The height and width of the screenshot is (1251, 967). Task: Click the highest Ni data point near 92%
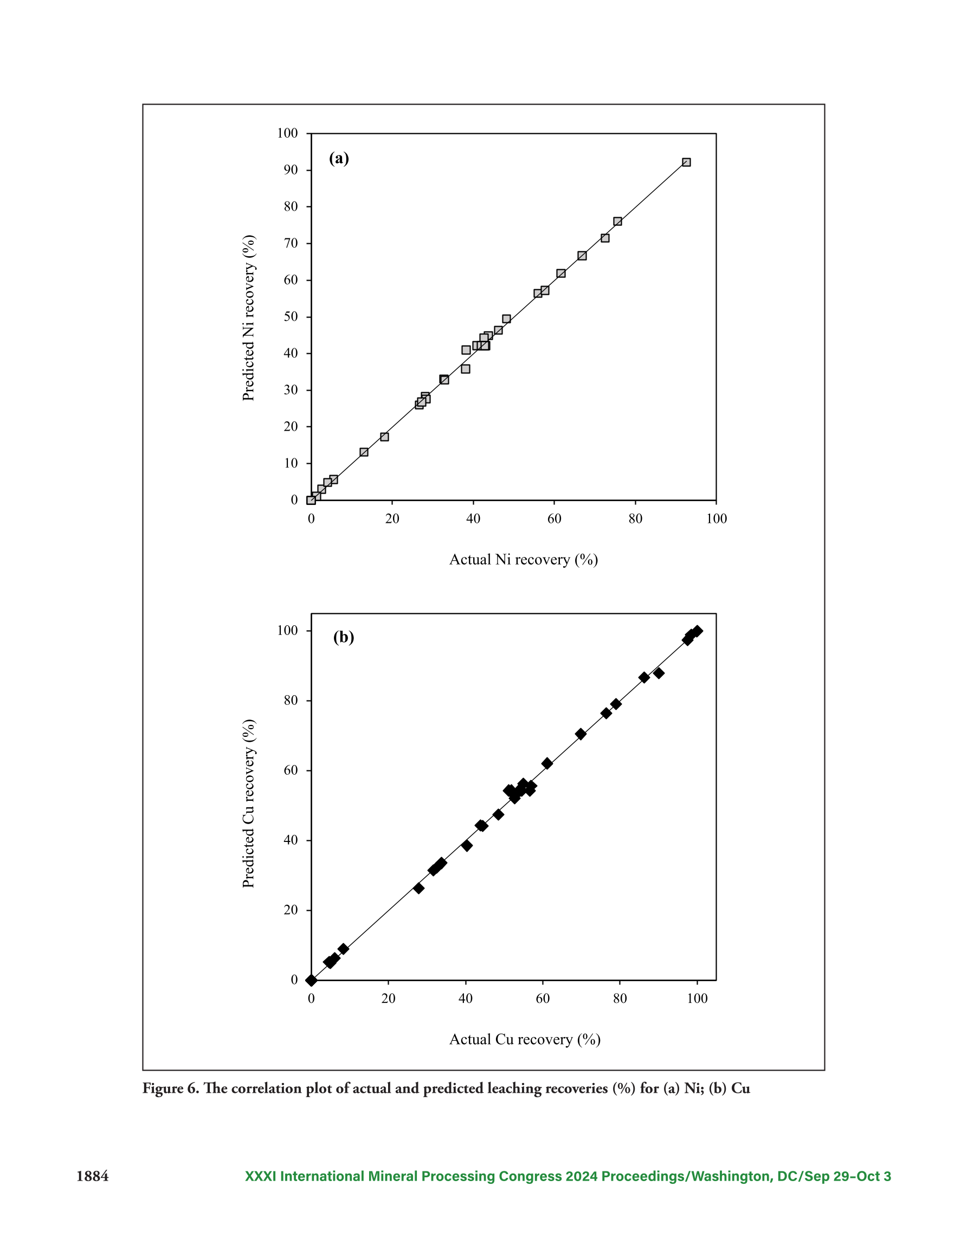(x=686, y=162)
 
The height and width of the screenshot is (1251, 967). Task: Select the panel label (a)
(x=339, y=158)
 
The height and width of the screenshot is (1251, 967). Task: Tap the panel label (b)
(x=343, y=637)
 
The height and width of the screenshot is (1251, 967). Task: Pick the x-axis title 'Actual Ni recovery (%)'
(x=523, y=560)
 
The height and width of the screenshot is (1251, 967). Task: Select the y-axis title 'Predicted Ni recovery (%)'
(x=248, y=318)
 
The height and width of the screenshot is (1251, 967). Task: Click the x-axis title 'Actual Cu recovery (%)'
(x=525, y=1040)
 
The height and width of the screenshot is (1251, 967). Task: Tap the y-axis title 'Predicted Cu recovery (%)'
(x=248, y=803)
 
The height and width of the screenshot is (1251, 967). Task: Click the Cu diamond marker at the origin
(x=311, y=980)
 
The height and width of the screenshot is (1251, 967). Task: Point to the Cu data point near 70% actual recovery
(x=581, y=734)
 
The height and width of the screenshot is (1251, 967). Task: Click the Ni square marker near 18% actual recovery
(x=385, y=437)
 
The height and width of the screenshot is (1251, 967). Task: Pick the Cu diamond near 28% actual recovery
(x=419, y=889)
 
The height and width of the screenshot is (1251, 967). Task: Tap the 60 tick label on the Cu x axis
(x=543, y=999)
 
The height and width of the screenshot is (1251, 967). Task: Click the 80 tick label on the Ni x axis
(x=635, y=519)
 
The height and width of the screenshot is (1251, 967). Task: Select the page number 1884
(x=93, y=1177)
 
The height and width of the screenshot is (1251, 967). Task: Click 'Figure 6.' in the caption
(x=171, y=1088)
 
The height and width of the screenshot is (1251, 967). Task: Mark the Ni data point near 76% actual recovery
(x=617, y=221)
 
